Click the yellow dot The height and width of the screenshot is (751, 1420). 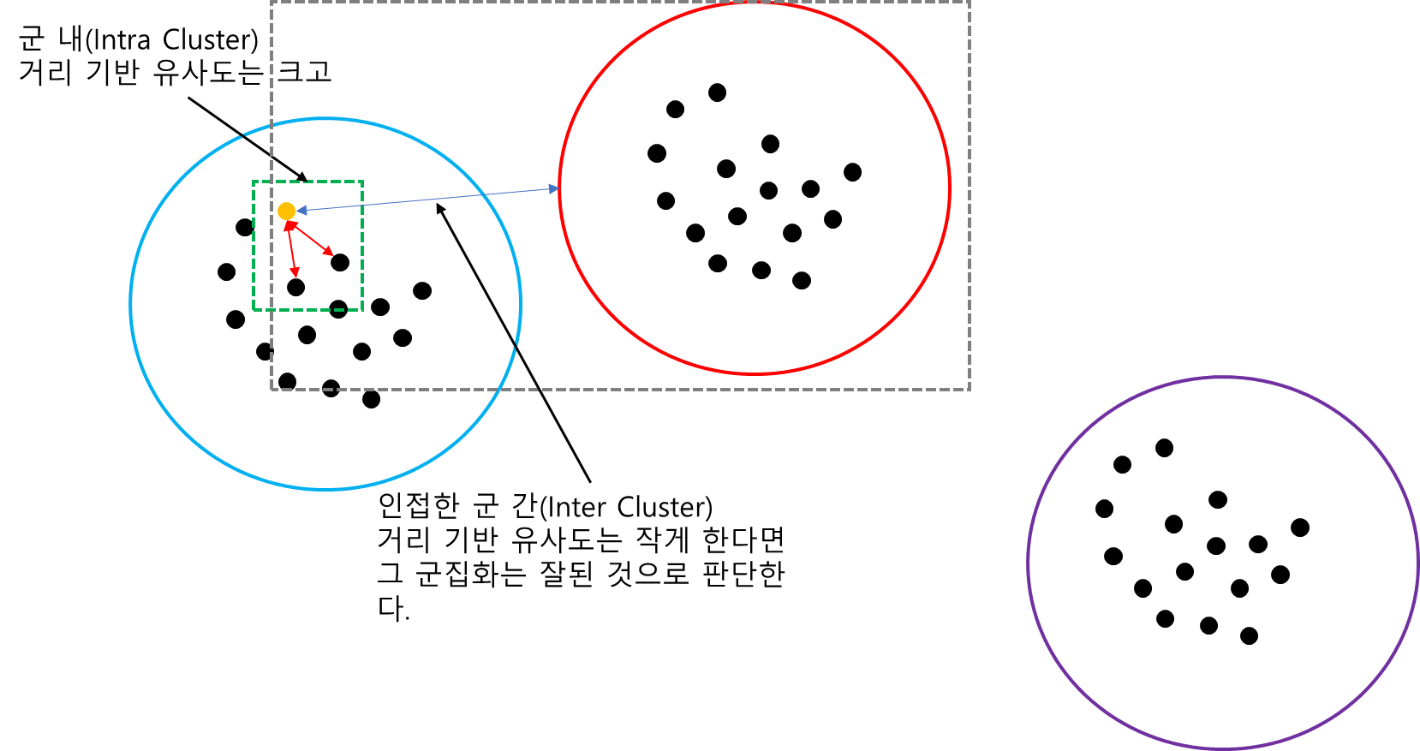286,211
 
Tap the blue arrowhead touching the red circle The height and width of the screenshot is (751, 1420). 553,188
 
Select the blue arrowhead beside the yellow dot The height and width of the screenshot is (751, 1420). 301,210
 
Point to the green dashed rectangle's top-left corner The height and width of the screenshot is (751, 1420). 254,182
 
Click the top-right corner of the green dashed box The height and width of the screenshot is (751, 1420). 363,182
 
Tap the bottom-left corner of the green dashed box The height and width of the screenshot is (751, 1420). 254,310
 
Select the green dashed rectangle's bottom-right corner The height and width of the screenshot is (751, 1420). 363,310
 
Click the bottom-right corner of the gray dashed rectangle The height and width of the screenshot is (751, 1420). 970,390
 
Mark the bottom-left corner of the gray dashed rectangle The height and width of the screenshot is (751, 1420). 271,390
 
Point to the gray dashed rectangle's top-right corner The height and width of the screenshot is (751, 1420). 970,3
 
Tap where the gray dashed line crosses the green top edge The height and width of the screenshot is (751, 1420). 271,182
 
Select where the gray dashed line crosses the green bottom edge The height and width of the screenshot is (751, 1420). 271,310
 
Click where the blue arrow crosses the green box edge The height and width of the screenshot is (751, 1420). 363,205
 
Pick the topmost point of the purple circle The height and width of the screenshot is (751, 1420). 1223,378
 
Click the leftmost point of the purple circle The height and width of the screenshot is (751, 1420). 1029,563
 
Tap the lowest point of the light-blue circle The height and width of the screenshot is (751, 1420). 325,489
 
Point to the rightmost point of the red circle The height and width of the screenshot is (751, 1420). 950,188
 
